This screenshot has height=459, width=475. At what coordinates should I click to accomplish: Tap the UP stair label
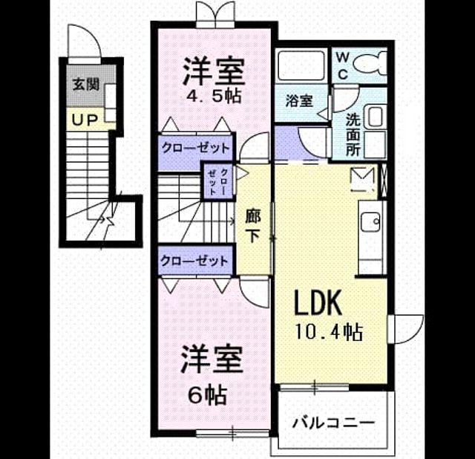coord(85,120)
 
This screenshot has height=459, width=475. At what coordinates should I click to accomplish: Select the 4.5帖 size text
coord(214,97)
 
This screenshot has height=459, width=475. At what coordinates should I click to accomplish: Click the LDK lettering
coord(318,302)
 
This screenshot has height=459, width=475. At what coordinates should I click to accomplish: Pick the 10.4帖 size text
coord(329,332)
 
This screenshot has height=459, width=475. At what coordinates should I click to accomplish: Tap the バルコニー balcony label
coord(333,423)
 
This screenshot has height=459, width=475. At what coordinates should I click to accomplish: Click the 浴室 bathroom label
coord(299,100)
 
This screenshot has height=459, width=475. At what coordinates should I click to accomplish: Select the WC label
coord(342,65)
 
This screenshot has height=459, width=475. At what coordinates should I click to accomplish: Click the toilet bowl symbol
coord(370,63)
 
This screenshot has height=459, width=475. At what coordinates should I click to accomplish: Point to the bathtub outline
coord(301,65)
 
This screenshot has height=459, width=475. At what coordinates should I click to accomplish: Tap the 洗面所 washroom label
coord(353,134)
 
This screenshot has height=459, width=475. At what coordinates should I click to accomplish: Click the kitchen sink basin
coord(370,221)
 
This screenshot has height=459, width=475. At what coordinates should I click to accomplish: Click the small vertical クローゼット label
coord(217,181)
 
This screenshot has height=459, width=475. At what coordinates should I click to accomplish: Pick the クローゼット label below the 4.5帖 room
coord(196,149)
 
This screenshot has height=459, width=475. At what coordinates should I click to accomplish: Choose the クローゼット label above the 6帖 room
coord(194,261)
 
